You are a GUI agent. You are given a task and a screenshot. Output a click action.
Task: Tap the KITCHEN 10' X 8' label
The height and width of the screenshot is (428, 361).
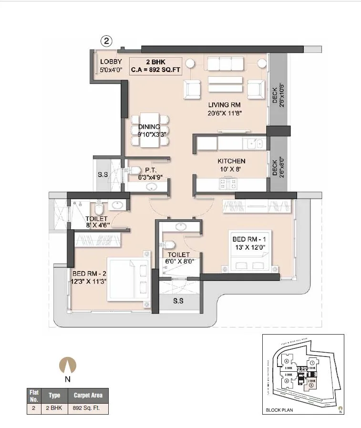point(231,165)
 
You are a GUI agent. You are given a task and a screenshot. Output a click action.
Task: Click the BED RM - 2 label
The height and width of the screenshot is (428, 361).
point(89,277)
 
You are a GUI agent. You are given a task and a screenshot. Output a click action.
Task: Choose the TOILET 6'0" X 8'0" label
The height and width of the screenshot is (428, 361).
point(178,258)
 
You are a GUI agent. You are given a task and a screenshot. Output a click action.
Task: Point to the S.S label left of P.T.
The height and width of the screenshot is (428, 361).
point(103,175)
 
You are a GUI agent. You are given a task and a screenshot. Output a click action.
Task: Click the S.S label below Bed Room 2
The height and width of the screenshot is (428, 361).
point(178,301)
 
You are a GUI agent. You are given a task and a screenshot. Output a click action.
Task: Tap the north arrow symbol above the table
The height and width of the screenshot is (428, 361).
point(67,367)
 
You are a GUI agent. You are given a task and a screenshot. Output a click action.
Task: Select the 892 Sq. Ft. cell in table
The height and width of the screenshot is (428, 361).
point(87,408)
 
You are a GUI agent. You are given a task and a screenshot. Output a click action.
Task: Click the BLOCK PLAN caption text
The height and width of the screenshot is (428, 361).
point(280,410)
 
